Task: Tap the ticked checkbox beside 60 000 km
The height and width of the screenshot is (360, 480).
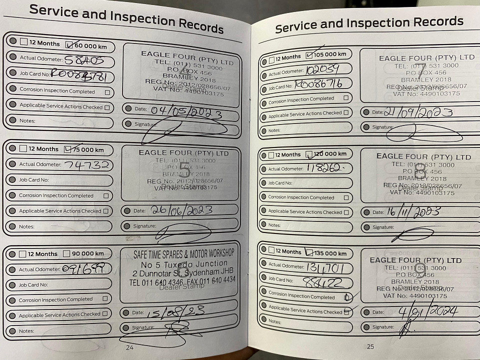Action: pos(69,44)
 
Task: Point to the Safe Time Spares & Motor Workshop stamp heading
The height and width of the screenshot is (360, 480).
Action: pos(183,254)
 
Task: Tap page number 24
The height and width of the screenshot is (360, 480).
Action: pos(129,347)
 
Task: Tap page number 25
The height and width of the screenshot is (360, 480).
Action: pos(370,346)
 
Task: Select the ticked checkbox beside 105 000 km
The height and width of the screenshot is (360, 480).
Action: pos(309,55)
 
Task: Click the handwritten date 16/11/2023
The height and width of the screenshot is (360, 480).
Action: pos(413,212)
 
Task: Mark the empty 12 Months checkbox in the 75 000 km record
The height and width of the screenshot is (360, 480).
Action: pos(23,148)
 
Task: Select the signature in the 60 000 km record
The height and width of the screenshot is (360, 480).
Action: pos(182,129)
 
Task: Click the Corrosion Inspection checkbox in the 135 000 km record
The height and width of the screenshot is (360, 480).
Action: pos(347,297)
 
